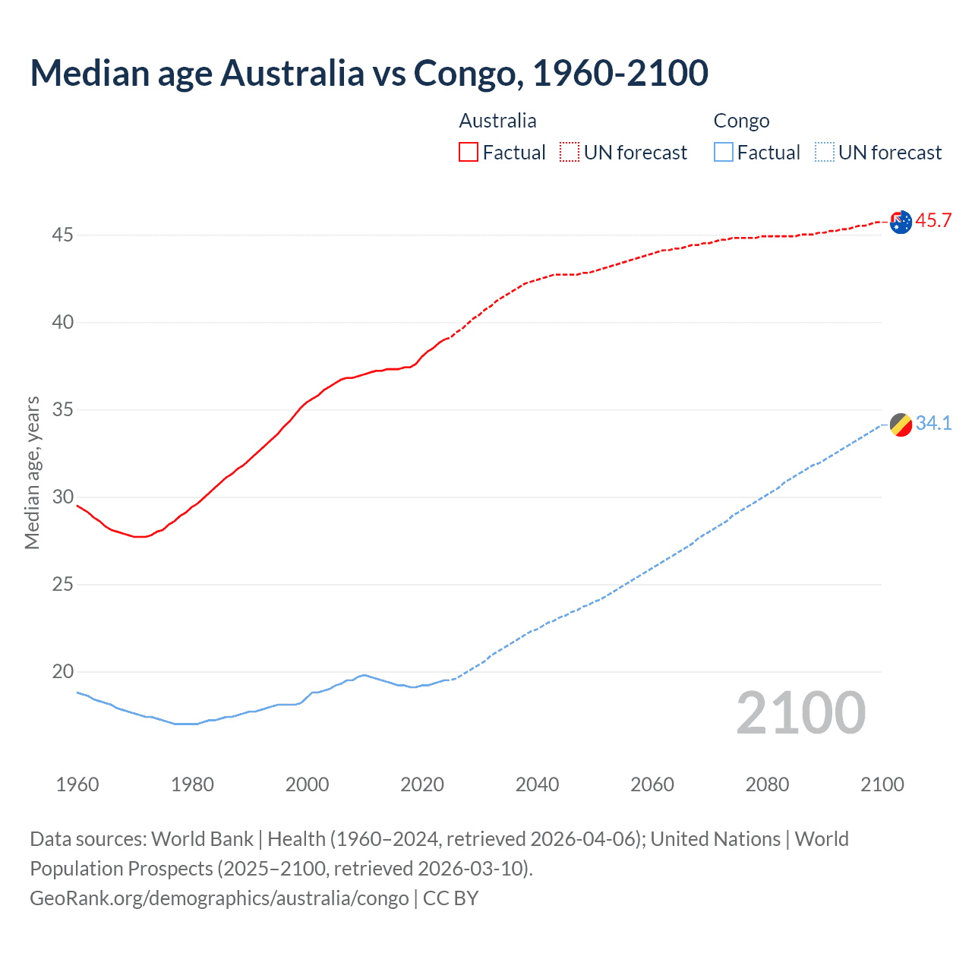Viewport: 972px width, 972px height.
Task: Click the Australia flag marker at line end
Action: tap(901, 222)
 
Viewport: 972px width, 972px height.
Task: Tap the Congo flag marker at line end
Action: tap(901, 425)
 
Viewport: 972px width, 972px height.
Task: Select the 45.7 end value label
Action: tap(933, 221)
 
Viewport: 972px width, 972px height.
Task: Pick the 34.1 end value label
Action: tap(933, 424)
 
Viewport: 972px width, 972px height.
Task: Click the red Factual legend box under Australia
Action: tap(469, 153)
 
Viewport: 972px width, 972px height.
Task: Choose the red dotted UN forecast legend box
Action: tap(570, 153)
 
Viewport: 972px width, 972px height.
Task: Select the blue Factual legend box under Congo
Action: tap(723, 153)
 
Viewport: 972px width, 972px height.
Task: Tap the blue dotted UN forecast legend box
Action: tap(824, 153)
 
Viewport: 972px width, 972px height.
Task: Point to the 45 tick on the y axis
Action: tap(62, 235)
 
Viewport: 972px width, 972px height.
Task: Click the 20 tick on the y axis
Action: tap(62, 672)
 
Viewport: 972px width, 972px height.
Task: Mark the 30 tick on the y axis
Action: tap(62, 497)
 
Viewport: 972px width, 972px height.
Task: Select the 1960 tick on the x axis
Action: tap(77, 784)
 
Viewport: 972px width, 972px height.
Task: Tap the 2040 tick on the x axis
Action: tap(537, 784)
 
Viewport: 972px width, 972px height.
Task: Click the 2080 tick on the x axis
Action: tap(767, 784)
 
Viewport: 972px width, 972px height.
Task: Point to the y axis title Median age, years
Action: tap(32, 472)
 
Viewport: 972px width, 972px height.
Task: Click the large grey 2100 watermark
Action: tap(800, 713)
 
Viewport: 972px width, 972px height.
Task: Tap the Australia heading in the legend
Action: tap(497, 121)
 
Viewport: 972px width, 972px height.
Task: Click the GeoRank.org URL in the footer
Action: tap(219, 898)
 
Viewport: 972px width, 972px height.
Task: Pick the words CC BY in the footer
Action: tap(451, 898)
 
